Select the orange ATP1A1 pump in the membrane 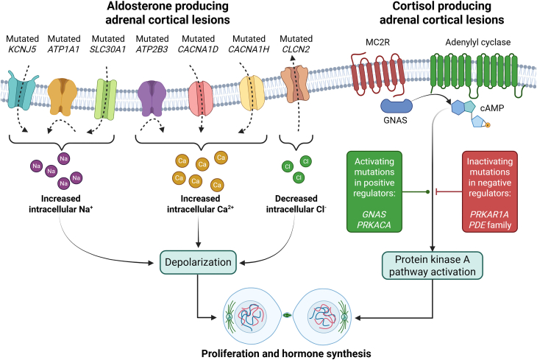click(63, 96)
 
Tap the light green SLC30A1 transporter click(106, 99)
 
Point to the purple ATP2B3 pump click(152, 98)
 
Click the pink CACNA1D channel click(201, 98)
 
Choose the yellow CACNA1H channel click(252, 93)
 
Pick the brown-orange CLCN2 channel click(294, 84)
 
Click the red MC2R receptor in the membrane click(378, 74)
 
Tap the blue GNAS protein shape click(396, 106)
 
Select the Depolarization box click(198, 262)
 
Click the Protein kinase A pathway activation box click(433, 265)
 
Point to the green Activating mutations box click(374, 191)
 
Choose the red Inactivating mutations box click(490, 191)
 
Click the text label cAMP click(492, 108)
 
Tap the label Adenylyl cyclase click(477, 42)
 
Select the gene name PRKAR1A click(489, 215)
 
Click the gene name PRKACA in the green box click(374, 225)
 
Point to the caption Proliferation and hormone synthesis click(286, 353)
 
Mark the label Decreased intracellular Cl click(296, 204)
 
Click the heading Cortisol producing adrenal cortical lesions click(442, 13)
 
